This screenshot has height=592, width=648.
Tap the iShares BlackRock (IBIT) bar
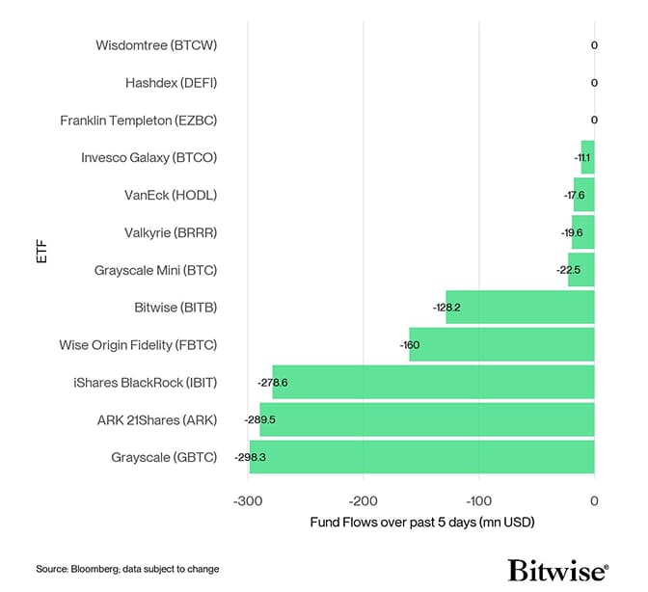(x=433, y=383)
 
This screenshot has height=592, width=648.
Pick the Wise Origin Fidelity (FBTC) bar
(x=501, y=344)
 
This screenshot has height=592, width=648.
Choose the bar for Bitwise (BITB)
(x=520, y=308)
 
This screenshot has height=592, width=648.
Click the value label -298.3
(x=250, y=457)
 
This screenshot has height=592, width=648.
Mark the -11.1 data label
(x=582, y=157)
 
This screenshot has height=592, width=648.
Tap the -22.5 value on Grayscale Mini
(x=569, y=270)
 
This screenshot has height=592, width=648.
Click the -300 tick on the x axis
(x=248, y=500)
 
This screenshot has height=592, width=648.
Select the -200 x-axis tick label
(x=364, y=500)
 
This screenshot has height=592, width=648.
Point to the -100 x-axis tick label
(x=479, y=500)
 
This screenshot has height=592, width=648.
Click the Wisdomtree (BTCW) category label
(x=156, y=45)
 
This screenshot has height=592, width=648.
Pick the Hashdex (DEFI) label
(x=171, y=83)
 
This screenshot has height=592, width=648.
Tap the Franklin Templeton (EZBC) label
(x=138, y=121)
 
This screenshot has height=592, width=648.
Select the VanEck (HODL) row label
(x=171, y=195)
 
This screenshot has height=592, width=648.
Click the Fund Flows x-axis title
(x=421, y=523)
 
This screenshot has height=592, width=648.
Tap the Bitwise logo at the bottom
(x=557, y=569)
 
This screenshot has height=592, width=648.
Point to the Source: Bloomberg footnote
(x=127, y=569)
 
